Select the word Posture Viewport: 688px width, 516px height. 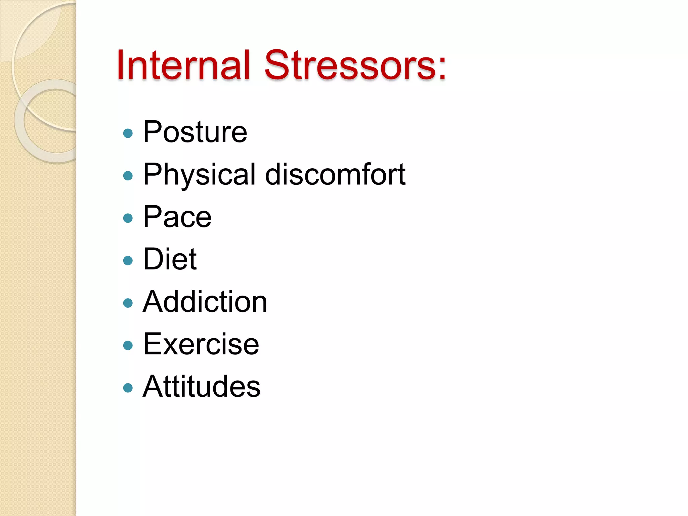click(195, 132)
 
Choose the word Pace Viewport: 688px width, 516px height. click(177, 217)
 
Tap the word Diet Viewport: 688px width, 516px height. click(170, 259)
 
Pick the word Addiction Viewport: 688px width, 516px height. click(205, 302)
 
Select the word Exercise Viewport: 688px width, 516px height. click(201, 344)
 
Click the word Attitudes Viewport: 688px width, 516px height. click(202, 387)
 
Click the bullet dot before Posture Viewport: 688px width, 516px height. click(128, 133)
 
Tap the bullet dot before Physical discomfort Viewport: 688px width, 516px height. click(128, 176)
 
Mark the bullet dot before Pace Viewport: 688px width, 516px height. click(128, 218)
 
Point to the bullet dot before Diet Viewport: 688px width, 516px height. click(128, 261)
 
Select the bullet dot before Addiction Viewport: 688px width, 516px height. click(128, 303)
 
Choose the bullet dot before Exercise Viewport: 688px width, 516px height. click(128, 346)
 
